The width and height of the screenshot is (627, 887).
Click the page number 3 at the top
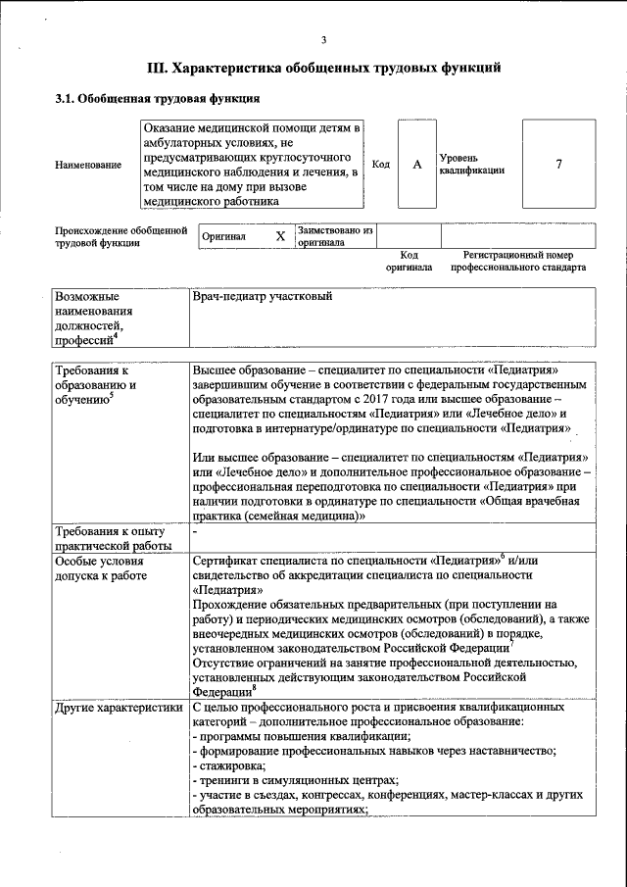(x=322, y=40)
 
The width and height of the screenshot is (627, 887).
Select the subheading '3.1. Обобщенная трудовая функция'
(x=156, y=99)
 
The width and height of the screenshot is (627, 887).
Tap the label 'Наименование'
(x=86, y=165)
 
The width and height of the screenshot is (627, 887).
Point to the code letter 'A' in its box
(x=416, y=164)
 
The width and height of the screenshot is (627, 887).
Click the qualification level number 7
(x=558, y=164)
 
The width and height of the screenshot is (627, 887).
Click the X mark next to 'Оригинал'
(x=280, y=236)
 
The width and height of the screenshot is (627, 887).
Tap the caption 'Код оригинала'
(x=409, y=261)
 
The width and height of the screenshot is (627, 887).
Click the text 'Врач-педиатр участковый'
(x=263, y=296)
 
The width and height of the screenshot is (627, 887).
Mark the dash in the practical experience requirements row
(x=196, y=530)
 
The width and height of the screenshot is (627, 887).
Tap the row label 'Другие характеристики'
(x=119, y=707)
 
